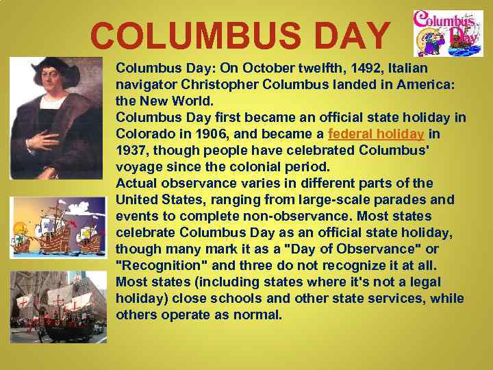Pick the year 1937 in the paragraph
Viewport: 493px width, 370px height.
pos(132,150)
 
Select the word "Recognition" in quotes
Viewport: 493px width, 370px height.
pos(163,266)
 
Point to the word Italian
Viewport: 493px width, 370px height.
pos(408,69)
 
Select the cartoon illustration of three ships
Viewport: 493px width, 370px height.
pos(58,227)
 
